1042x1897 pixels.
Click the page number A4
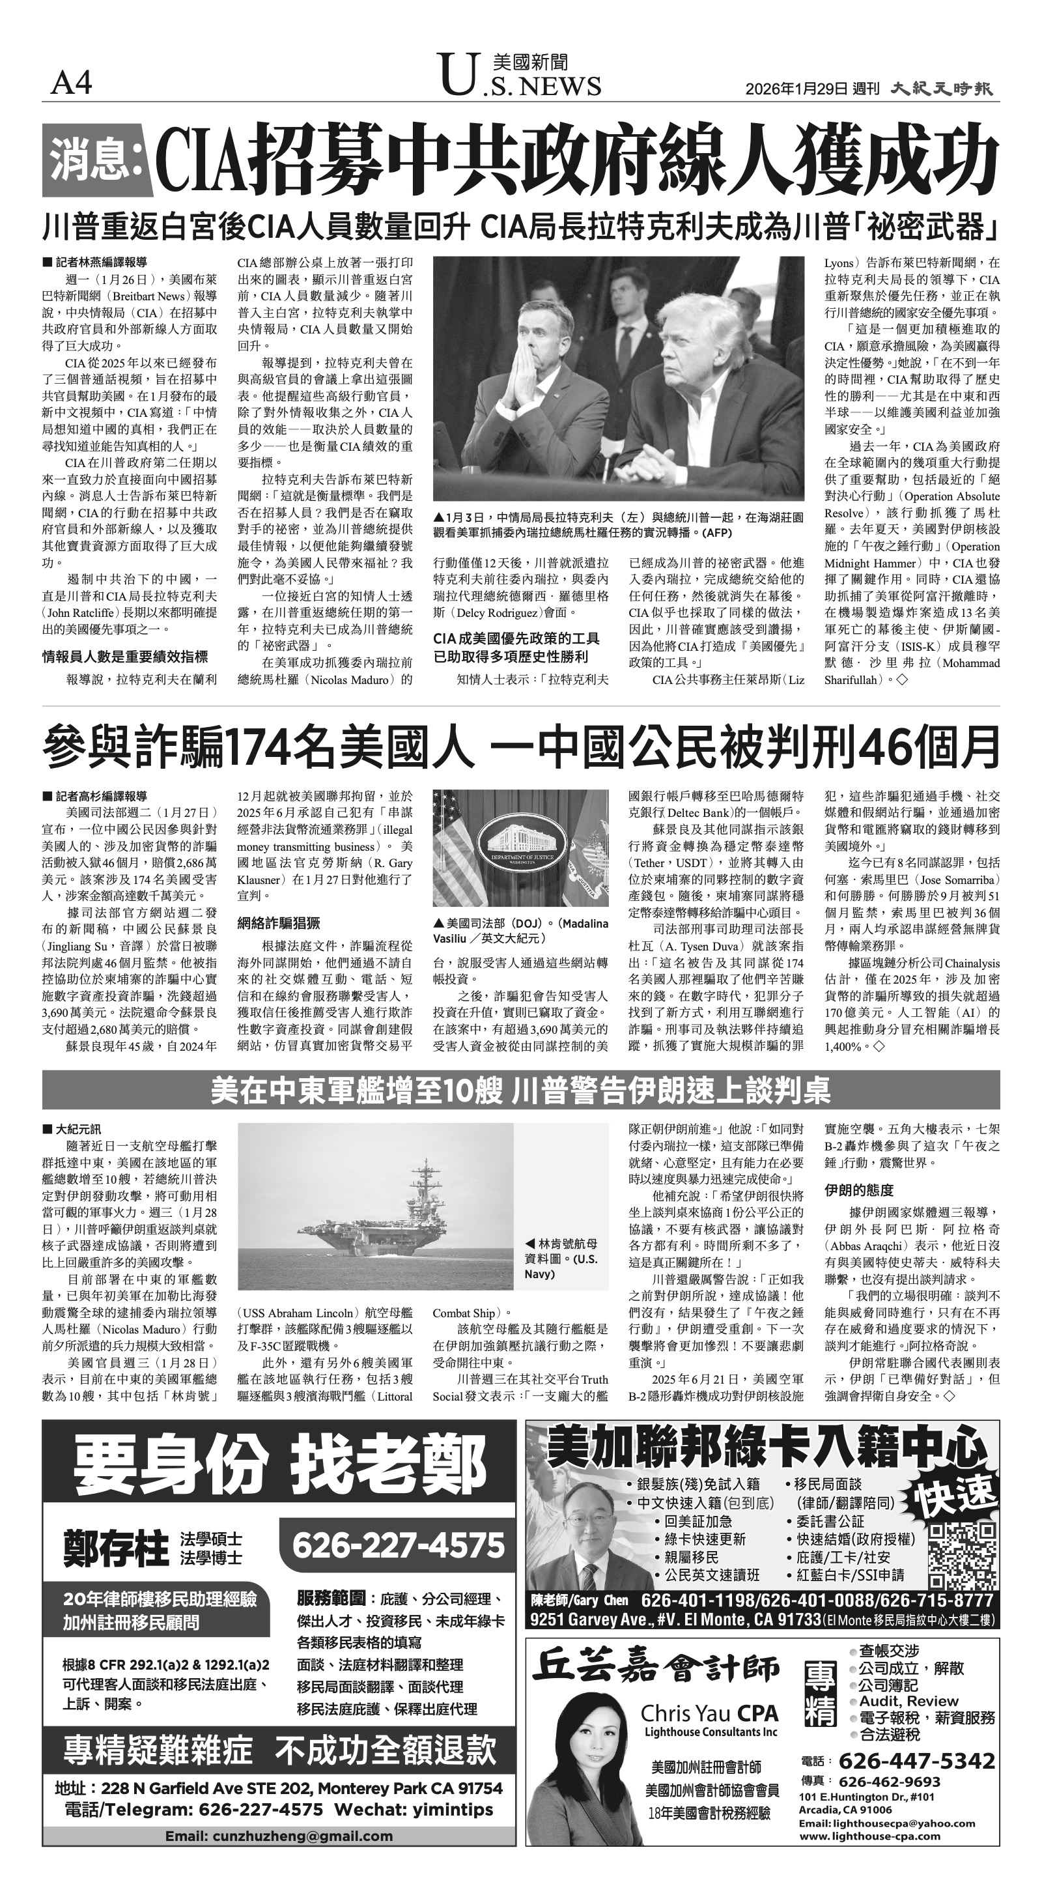[x=71, y=84]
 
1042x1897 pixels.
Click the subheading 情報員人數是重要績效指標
[x=124, y=656]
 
